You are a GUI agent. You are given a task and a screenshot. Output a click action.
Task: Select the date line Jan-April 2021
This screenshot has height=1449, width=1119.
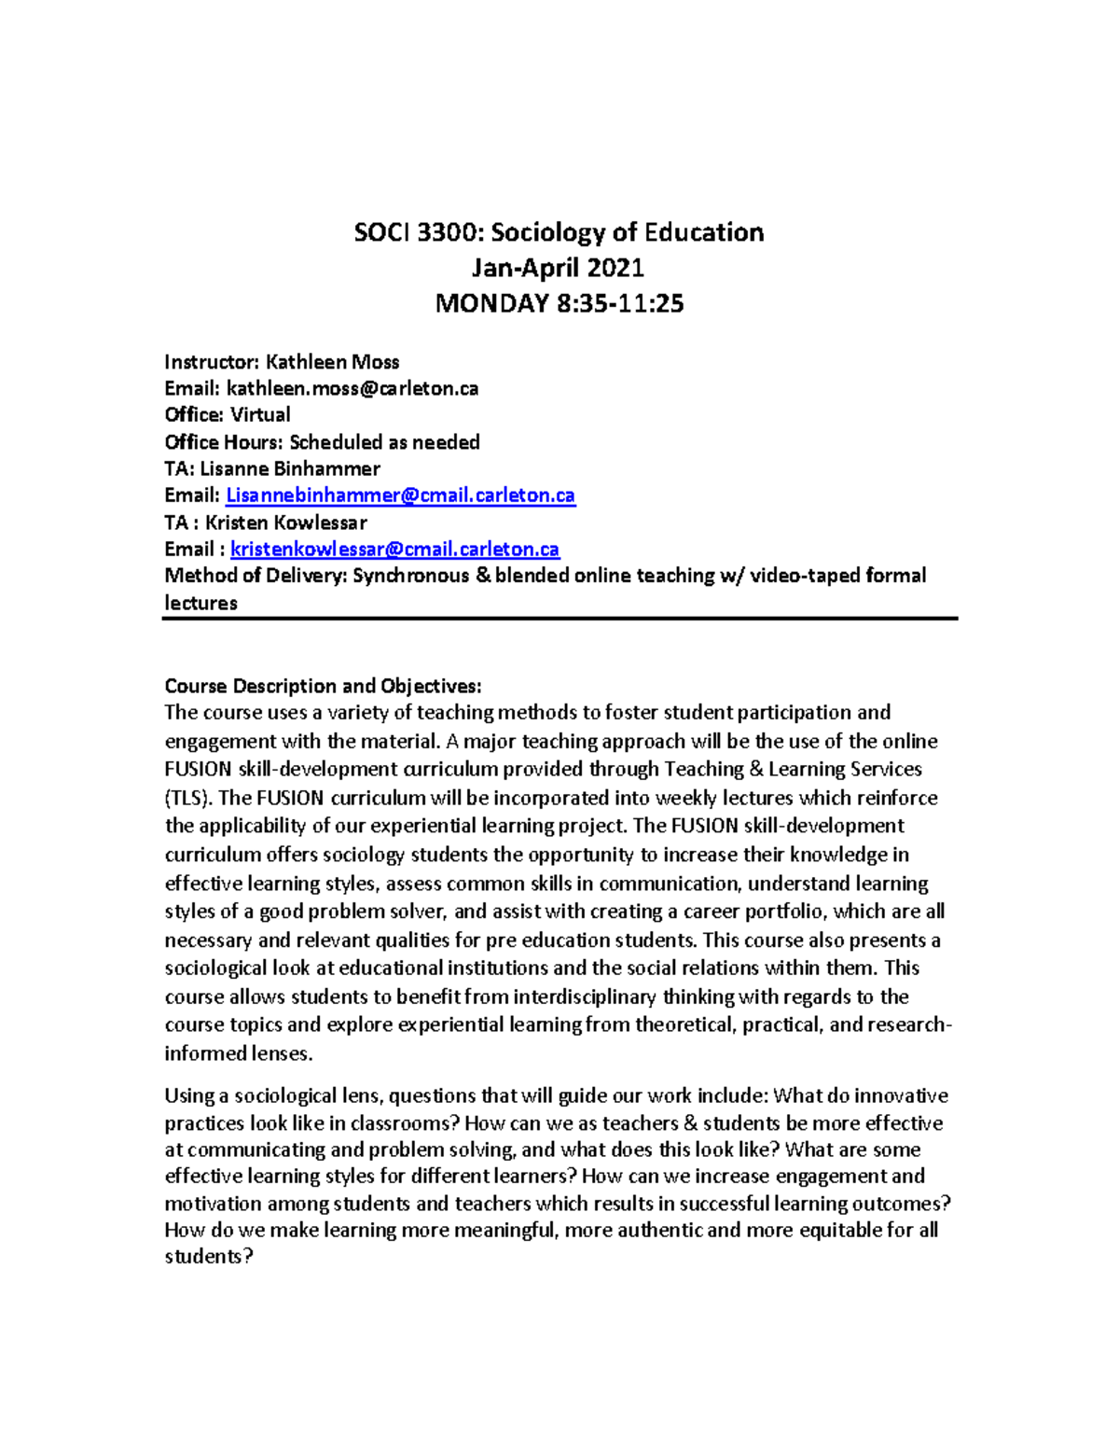tap(558, 268)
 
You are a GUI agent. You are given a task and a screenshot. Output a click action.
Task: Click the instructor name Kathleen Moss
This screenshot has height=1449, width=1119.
tap(332, 362)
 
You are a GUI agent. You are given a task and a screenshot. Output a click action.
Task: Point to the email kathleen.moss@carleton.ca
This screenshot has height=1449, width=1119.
tap(352, 389)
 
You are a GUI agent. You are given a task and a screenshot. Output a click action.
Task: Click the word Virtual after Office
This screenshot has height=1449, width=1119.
tap(260, 415)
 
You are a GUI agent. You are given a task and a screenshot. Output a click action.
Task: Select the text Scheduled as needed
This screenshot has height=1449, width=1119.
tap(384, 442)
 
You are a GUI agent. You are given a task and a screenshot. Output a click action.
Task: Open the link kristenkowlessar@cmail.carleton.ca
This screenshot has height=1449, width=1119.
tap(394, 550)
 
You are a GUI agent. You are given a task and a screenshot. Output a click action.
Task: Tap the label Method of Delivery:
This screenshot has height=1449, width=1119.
tap(256, 576)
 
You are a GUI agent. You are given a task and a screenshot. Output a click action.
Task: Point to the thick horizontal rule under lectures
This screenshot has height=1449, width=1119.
tap(559, 618)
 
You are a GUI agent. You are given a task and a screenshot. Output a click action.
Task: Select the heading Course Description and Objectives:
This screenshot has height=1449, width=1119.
tap(323, 687)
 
